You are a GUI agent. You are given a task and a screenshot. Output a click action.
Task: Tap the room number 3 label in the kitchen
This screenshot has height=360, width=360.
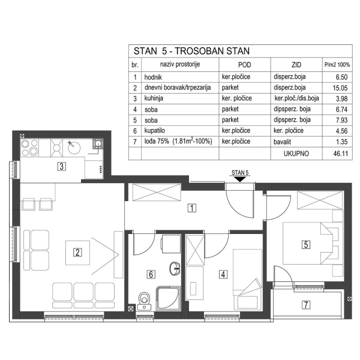[61, 167]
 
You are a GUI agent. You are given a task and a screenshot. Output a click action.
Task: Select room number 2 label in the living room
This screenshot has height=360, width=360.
[77, 252]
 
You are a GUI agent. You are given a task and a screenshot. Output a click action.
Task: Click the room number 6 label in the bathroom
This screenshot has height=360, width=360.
[151, 275]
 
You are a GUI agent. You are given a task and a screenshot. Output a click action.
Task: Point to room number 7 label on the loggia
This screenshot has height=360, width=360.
[307, 305]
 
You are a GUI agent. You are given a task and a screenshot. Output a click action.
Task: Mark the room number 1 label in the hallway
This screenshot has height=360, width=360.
[191, 209]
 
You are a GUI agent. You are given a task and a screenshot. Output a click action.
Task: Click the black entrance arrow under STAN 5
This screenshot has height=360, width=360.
[239, 179]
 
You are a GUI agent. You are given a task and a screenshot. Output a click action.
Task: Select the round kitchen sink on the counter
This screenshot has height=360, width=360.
[72, 145]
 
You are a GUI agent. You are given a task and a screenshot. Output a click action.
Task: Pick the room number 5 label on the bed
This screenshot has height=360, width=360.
[306, 244]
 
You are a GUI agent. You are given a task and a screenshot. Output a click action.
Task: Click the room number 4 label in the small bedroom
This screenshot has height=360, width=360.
[223, 275]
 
